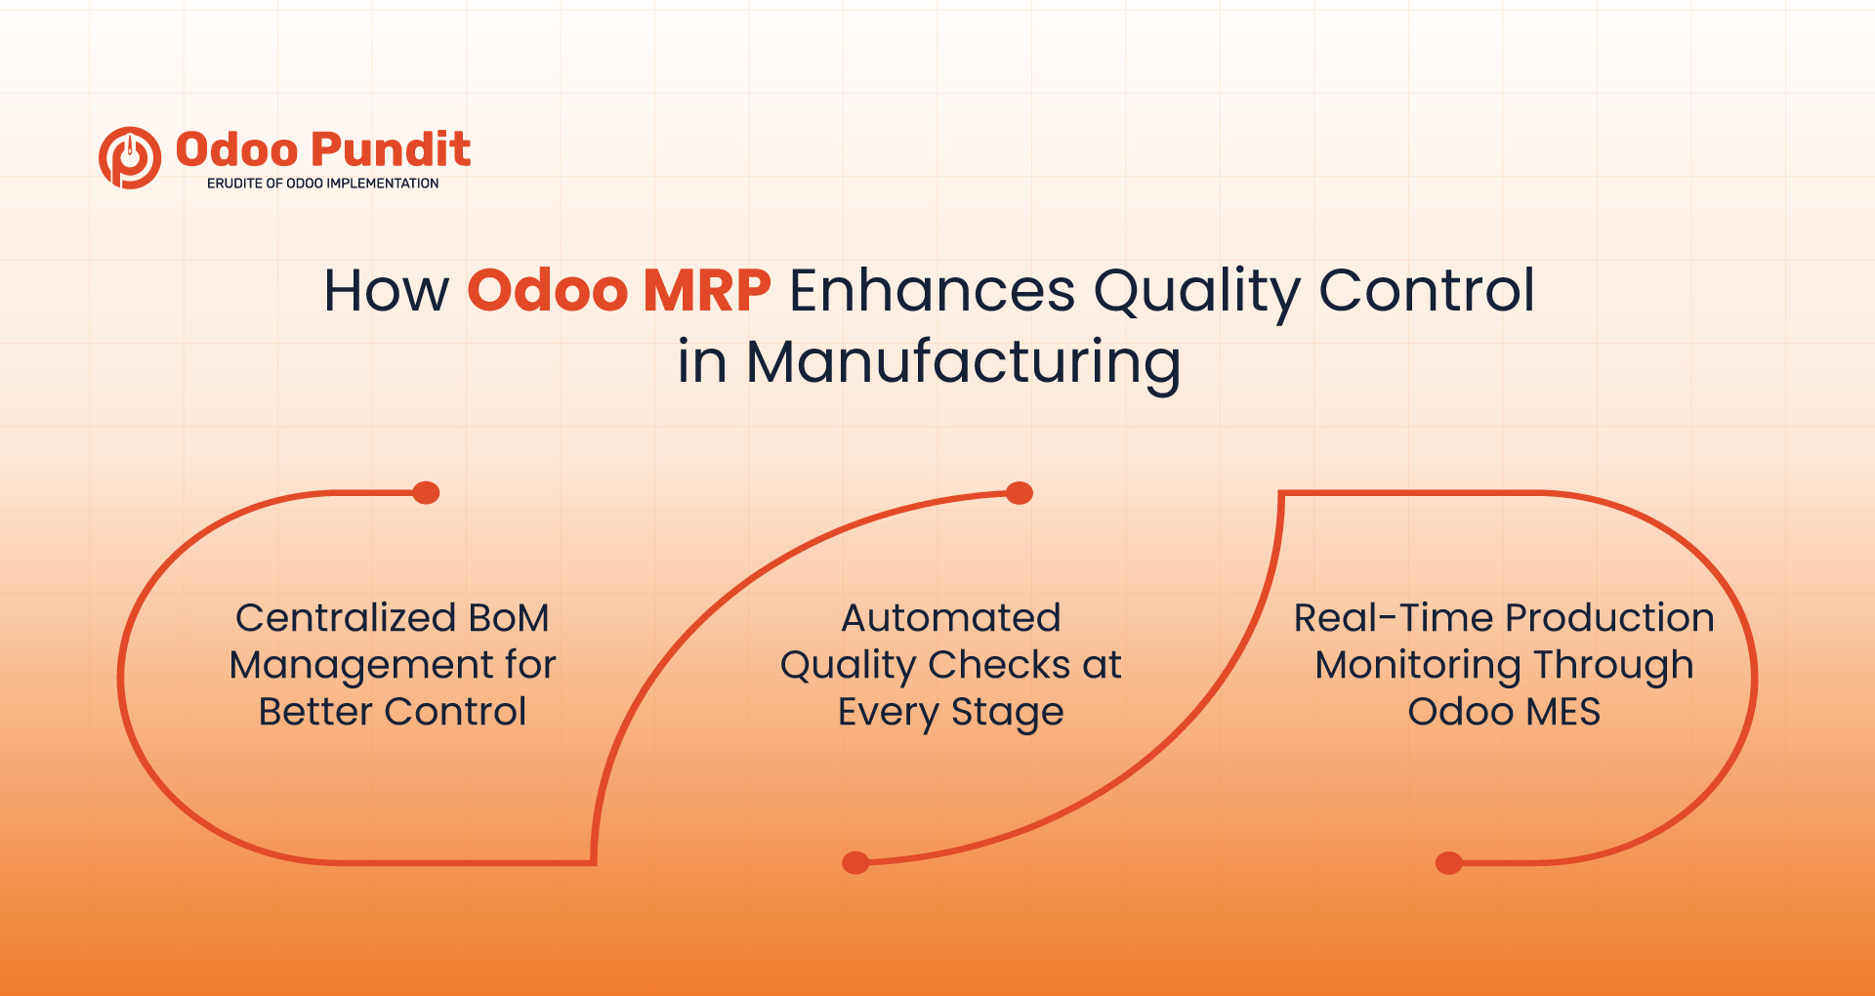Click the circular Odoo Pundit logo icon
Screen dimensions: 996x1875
tap(129, 157)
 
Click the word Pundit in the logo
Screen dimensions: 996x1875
tap(391, 149)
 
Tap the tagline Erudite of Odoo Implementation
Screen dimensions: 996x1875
tap(322, 184)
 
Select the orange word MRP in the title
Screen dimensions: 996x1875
tap(707, 291)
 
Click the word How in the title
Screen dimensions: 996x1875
tap(386, 291)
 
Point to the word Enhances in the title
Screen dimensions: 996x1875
tap(931, 291)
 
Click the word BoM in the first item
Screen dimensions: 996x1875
tap(508, 618)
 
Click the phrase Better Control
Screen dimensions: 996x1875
tap(393, 712)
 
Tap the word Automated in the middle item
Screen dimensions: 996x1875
tap(950, 618)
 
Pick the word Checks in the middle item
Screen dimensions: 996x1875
tap(998, 665)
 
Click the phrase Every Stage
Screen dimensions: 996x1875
tap(950, 713)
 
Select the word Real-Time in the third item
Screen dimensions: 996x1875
tap(1394, 618)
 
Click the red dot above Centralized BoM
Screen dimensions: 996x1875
tap(426, 493)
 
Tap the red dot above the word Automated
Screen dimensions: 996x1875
tap(1019, 493)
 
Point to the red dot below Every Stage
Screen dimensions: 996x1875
tap(855, 862)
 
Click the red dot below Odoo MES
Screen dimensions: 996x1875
tap(1448, 863)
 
